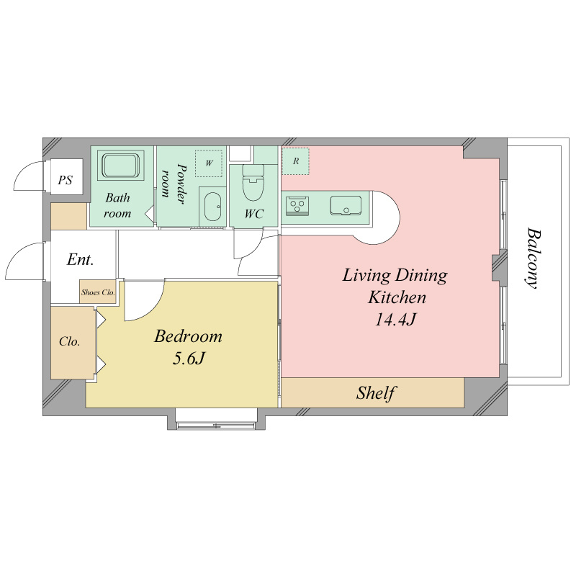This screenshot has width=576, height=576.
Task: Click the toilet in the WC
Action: tap(253, 182)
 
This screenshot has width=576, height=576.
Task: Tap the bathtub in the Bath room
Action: tap(120, 166)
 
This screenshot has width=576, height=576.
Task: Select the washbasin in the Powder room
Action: tap(212, 207)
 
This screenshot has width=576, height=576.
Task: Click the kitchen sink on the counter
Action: tap(346, 206)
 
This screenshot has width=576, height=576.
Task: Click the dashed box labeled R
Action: tap(295, 161)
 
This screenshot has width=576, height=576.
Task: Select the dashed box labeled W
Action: tap(209, 163)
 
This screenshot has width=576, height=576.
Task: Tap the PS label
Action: tap(66, 181)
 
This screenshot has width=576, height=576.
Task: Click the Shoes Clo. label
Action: tap(98, 292)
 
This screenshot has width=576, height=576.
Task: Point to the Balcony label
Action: tap(533, 258)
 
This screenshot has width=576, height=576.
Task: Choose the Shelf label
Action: tap(376, 393)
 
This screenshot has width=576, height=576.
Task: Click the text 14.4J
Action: tap(395, 319)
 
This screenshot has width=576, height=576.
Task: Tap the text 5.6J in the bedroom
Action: tap(189, 359)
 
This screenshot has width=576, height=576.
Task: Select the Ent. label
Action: tap(80, 260)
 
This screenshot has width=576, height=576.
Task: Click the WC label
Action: tap(254, 214)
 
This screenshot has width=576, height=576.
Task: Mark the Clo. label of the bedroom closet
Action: tap(69, 341)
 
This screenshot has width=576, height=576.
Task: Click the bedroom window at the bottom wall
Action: tap(215, 426)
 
